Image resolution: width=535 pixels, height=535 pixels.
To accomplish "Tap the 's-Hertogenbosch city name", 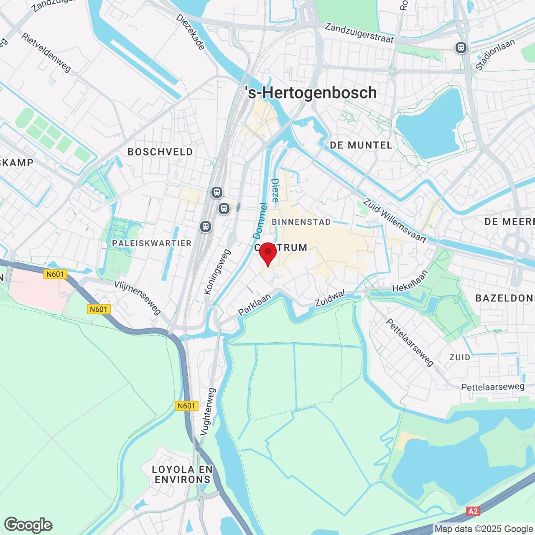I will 311,93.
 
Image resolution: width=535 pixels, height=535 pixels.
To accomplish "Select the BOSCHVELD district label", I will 160,152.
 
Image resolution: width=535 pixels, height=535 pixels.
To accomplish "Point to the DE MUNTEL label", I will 361,145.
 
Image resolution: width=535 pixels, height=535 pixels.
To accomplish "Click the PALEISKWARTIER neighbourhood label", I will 152,243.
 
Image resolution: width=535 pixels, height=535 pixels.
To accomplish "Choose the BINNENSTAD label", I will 301,222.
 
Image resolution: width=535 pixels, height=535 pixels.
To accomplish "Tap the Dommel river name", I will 260,221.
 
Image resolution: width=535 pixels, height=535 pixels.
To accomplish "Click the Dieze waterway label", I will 275,190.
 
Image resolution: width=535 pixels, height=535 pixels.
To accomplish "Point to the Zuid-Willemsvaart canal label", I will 395,221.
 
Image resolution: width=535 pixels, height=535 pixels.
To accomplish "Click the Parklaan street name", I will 255,304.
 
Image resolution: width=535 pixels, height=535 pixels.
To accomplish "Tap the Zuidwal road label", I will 330,298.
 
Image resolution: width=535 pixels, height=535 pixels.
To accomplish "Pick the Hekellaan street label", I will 410,281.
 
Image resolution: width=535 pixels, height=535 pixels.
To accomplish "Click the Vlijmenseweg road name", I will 138,297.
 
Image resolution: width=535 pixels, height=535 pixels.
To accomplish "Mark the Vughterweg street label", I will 208,412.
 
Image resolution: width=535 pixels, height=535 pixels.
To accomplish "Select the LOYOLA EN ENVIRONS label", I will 183,474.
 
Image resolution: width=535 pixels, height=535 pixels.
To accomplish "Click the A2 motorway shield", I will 473,511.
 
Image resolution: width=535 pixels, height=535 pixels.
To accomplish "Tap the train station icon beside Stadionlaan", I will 461,48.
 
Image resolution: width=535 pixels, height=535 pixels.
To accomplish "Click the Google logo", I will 28,525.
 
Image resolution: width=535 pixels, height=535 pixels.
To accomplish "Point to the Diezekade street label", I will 191,32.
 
